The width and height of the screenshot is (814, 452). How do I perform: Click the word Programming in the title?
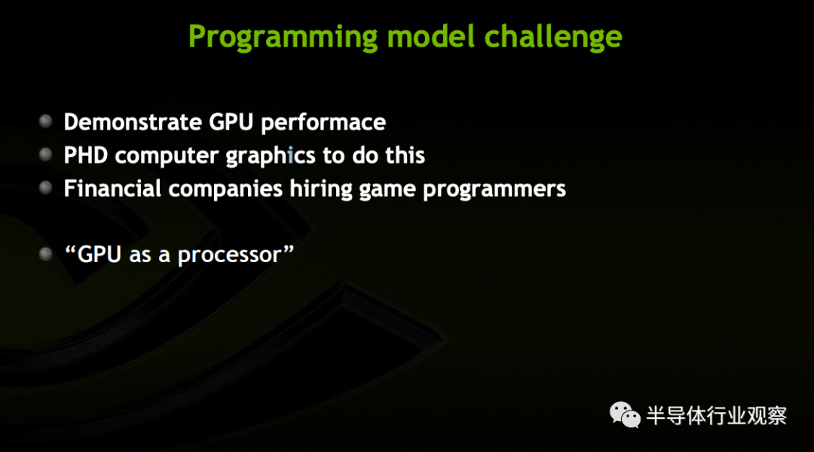click(283, 38)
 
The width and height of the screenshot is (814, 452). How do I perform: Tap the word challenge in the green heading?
click(553, 38)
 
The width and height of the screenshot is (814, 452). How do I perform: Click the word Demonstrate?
click(133, 122)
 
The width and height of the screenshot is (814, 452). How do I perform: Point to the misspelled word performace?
click(323, 123)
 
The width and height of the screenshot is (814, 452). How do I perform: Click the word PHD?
click(86, 155)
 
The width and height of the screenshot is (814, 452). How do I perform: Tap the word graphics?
click(271, 156)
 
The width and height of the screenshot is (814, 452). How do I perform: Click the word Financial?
click(112, 188)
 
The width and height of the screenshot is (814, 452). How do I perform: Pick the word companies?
click(225, 189)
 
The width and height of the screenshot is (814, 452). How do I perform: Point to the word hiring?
click(321, 189)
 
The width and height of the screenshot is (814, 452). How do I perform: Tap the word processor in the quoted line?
click(229, 255)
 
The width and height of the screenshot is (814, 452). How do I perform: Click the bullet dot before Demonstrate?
click(46, 121)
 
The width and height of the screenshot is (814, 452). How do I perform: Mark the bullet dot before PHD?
click(46, 154)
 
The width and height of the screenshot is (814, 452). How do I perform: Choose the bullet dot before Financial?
click(46, 188)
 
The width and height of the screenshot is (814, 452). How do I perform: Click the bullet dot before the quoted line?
click(46, 254)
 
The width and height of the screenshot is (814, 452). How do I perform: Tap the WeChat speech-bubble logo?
click(625, 415)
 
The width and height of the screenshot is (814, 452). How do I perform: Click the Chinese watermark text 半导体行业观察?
click(717, 416)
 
